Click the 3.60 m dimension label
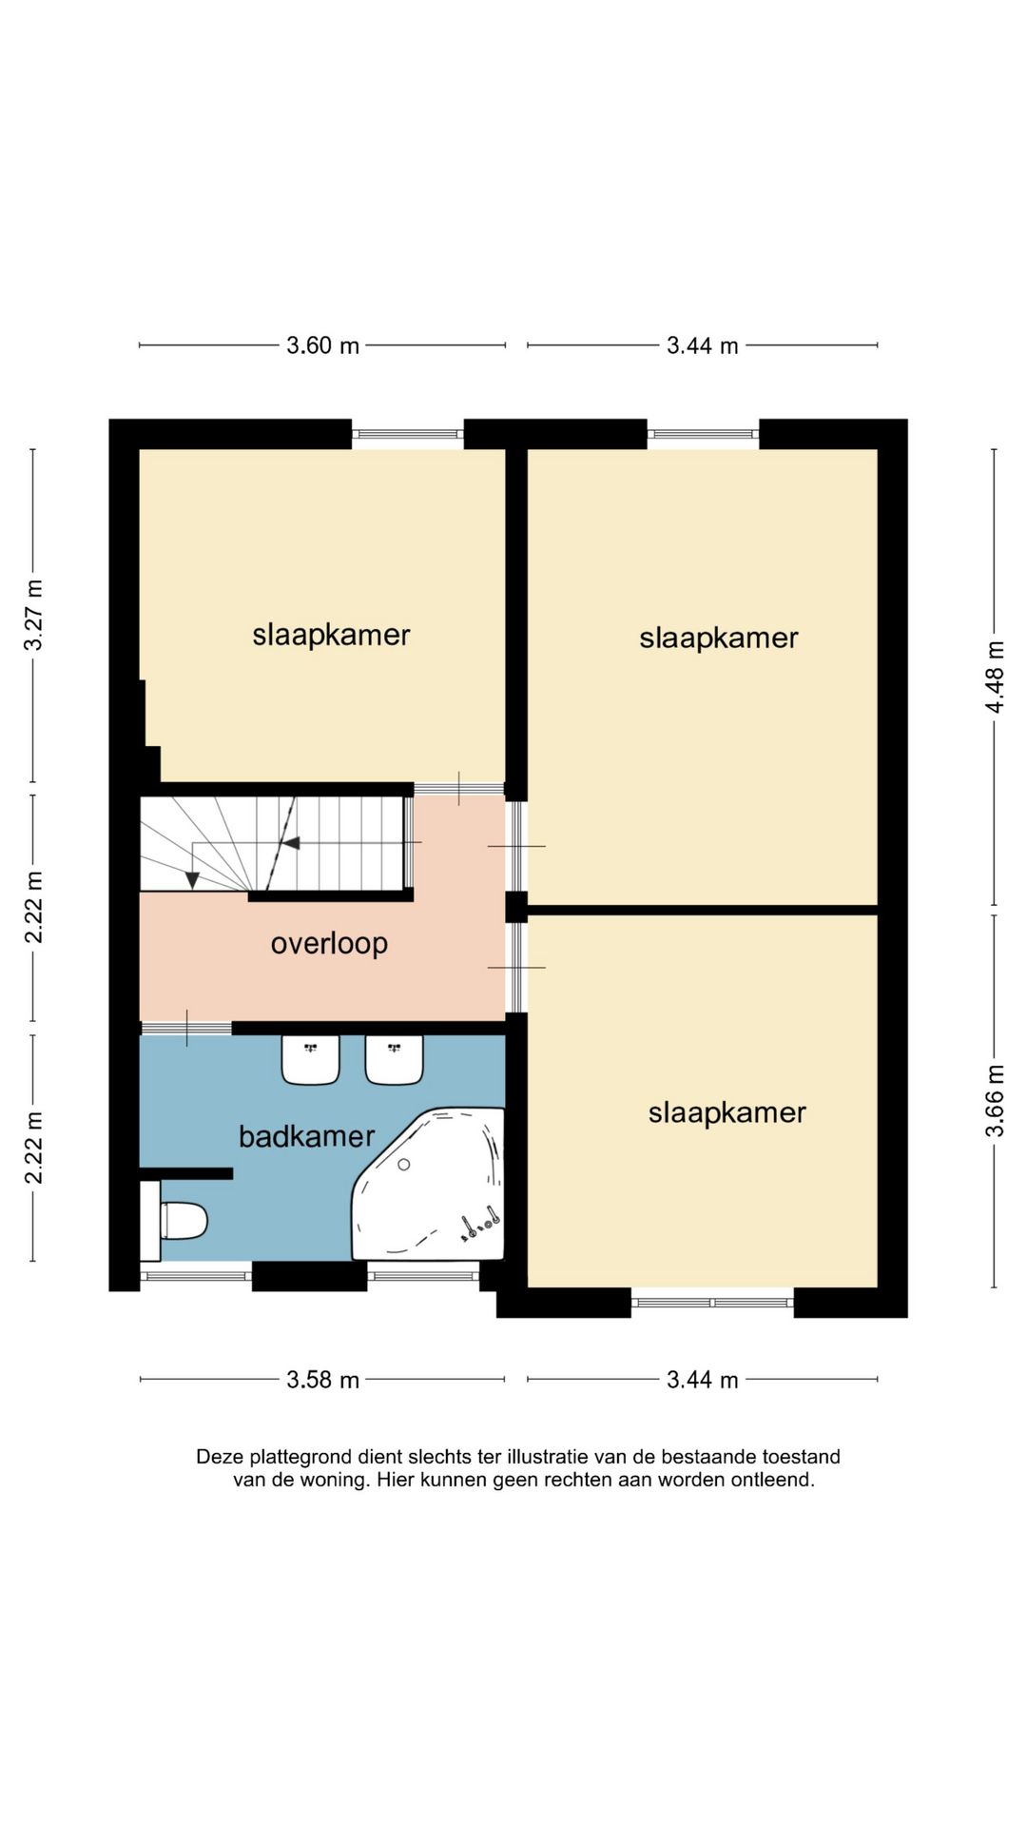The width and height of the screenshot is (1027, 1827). tap(322, 345)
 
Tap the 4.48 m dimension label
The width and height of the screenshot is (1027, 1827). tap(995, 677)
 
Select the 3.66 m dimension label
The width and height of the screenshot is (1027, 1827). tap(995, 1100)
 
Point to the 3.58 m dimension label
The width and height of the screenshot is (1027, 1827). tap(322, 1380)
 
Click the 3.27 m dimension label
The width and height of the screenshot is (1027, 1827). tap(33, 615)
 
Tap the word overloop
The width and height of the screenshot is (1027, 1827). tap(329, 944)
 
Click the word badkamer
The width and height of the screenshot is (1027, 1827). tap(306, 1136)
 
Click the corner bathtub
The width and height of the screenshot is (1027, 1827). tap(429, 1184)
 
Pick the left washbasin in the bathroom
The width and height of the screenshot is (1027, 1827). tap(310, 1060)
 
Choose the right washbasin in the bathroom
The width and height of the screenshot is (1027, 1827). tap(395, 1060)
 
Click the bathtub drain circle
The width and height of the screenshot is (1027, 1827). tap(404, 1164)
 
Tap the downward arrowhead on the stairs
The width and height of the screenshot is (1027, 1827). tap(192, 880)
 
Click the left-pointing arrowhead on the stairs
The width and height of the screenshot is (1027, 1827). tap(291, 843)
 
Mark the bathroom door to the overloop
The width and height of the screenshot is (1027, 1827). tap(186, 1028)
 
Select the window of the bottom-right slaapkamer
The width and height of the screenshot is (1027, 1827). tap(712, 1303)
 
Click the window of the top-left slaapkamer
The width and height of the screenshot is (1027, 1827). tap(407, 434)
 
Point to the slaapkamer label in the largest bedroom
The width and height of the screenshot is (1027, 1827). tap(719, 638)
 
